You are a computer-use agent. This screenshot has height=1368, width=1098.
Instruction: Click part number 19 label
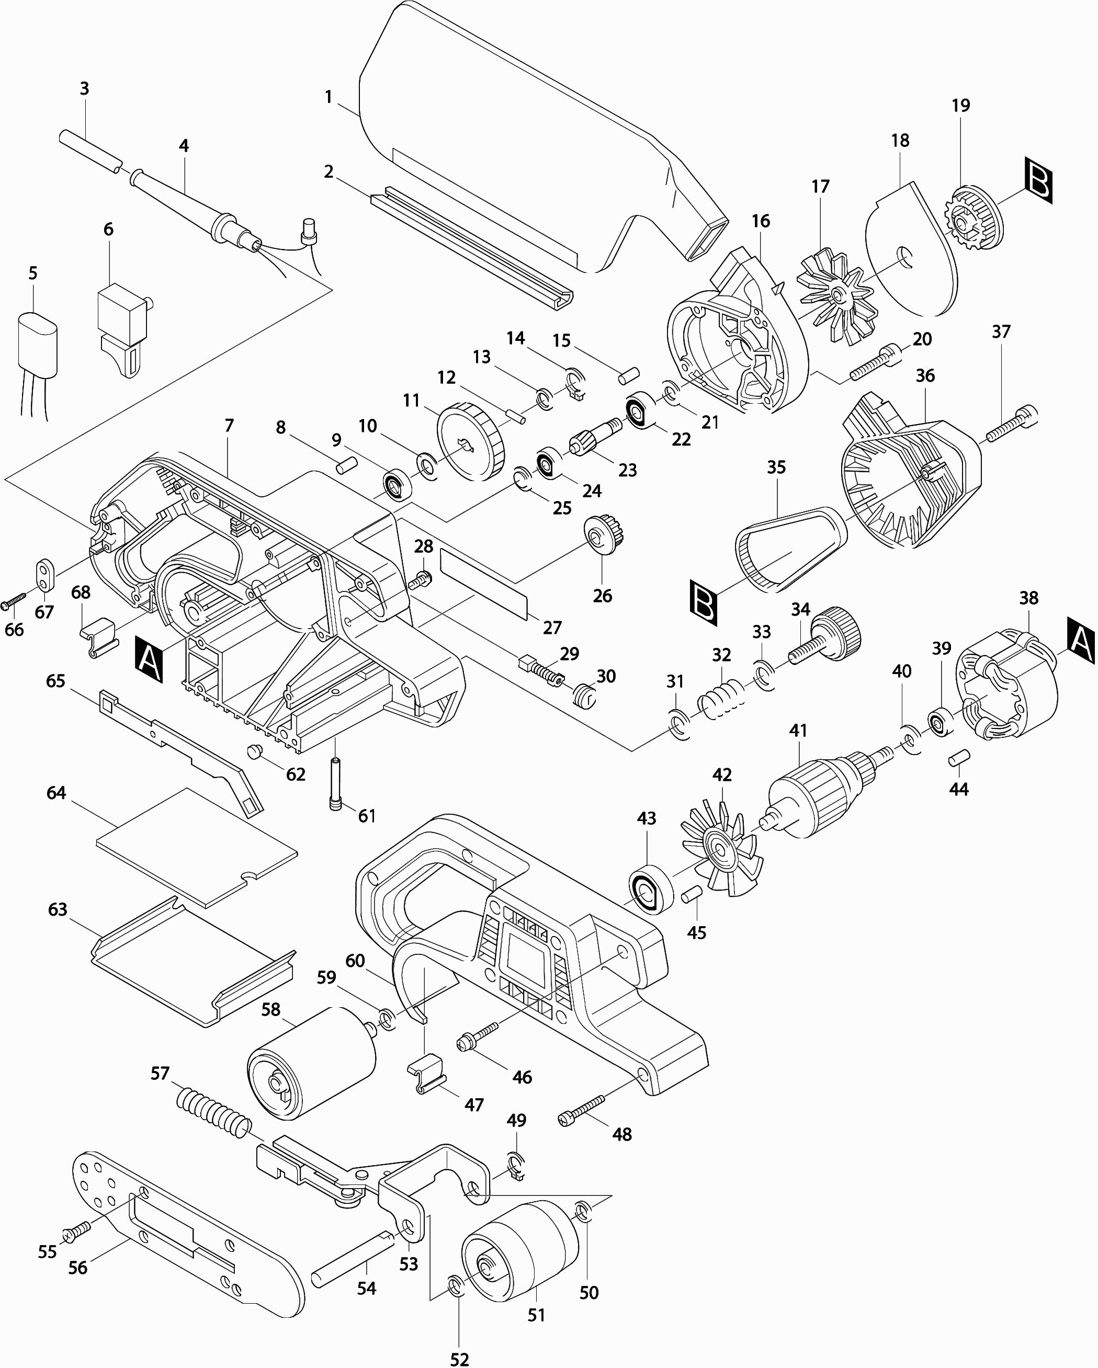(961, 105)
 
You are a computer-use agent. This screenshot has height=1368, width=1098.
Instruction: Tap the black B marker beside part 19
(1038, 182)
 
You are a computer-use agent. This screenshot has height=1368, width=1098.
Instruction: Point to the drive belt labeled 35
(790, 550)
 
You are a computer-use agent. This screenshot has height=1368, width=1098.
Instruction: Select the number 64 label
(56, 793)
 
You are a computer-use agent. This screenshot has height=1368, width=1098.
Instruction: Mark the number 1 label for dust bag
(328, 97)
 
